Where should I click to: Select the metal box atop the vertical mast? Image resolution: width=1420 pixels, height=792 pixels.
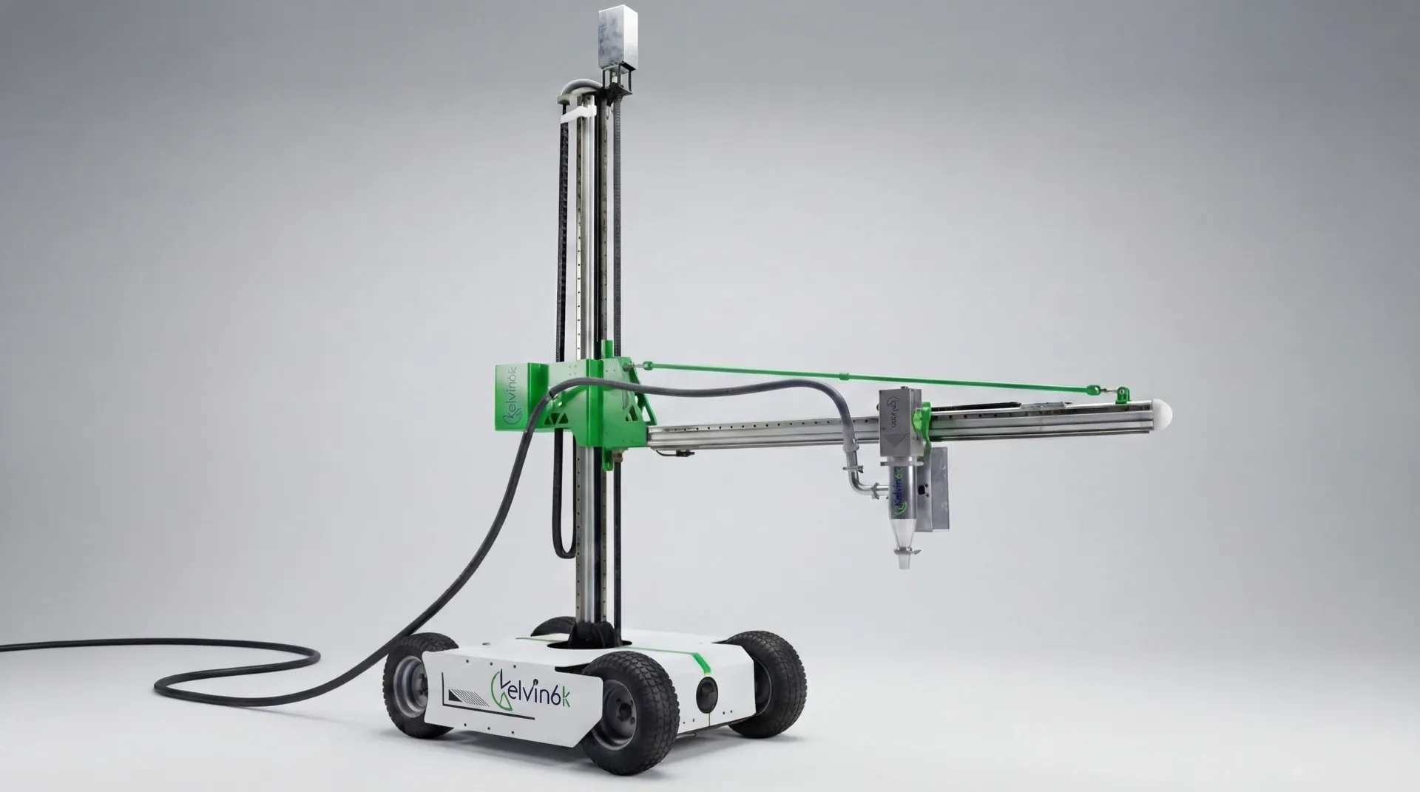click(618, 36)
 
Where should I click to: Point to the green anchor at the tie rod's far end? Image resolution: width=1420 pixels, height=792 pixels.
click(1122, 393)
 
